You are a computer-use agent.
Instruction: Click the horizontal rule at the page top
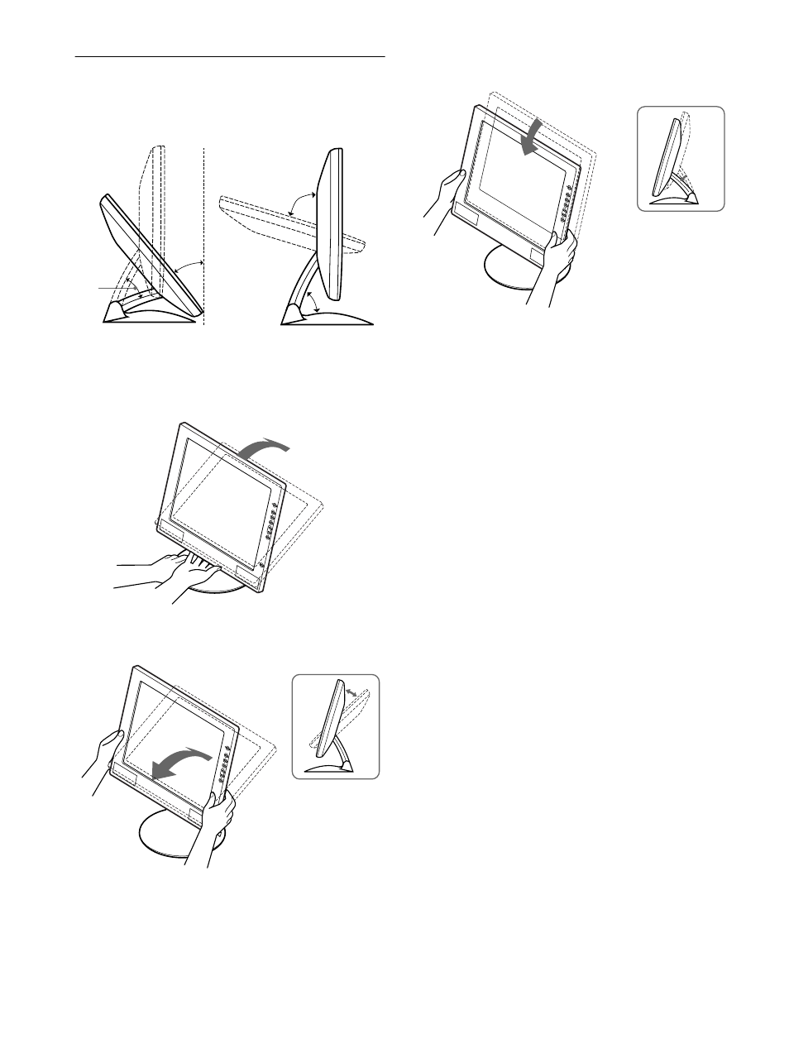point(231,58)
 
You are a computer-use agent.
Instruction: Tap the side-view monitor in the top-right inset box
point(668,157)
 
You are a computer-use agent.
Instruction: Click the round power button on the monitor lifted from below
point(261,565)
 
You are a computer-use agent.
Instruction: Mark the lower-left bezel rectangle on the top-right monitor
point(469,217)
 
